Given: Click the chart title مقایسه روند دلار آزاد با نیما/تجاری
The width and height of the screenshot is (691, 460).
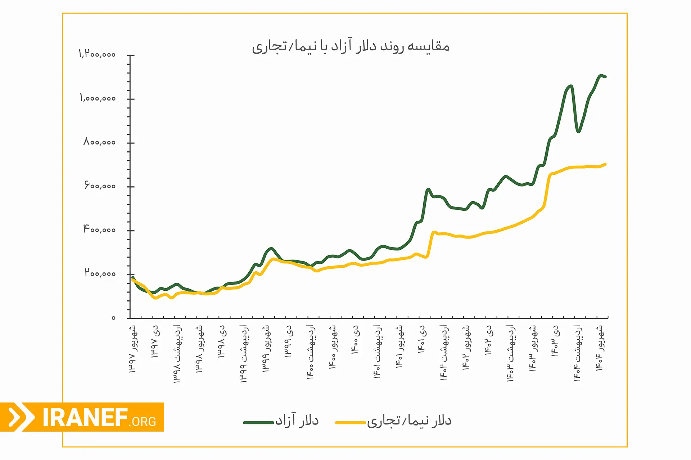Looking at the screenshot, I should tap(351, 47).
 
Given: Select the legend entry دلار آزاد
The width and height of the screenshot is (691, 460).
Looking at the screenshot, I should tap(297, 420).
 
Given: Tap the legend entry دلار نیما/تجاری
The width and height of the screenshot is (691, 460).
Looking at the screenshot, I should tap(409, 421).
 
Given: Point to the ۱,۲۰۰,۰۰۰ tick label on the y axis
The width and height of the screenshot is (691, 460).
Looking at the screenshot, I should tap(97, 54).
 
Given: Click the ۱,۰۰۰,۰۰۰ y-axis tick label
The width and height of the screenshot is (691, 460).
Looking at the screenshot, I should tap(98, 98).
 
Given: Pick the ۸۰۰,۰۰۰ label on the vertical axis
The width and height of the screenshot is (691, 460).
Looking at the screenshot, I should tap(99, 142).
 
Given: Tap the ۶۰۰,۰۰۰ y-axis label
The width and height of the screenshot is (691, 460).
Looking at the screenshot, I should tap(100, 186).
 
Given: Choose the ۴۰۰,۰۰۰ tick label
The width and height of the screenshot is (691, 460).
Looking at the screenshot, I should tap(99, 229).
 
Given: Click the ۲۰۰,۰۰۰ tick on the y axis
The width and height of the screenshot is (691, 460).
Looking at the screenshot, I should tap(100, 273).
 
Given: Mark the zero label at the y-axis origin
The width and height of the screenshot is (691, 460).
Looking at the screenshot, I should tap(113, 318).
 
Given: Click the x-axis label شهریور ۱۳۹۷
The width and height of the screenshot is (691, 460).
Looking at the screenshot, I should tap(133, 349).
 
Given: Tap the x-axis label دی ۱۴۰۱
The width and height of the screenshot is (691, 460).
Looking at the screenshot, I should tap(422, 339).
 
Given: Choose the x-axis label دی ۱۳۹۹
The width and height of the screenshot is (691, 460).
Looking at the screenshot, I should tap(289, 341).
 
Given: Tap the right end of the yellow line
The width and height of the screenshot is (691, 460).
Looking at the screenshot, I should tap(605, 164).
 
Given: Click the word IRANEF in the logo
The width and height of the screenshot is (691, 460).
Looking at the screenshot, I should tap(85, 418).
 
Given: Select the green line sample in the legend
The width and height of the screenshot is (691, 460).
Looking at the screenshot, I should tap(258, 423).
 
